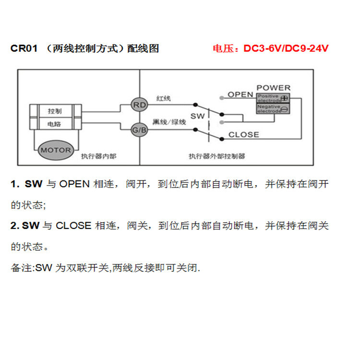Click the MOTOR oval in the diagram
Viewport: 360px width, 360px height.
[55, 150]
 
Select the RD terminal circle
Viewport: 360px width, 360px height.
[139, 105]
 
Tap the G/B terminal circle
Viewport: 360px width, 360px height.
[139, 130]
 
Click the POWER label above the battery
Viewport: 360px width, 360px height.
[273, 88]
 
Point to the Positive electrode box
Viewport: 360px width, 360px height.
[273, 98]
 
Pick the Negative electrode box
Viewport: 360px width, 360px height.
[273, 109]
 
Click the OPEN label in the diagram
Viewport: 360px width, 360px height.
[240, 95]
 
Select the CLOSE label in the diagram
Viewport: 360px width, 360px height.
[243, 134]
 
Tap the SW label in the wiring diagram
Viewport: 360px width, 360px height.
[197, 116]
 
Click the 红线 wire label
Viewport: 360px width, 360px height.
[163, 98]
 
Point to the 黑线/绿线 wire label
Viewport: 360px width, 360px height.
[169, 122]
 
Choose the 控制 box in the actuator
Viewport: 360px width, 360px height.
[55, 110]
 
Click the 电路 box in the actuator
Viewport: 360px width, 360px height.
[55, 124]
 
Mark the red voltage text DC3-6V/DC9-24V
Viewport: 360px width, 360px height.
[286, 48]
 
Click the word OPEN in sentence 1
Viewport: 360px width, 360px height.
[74, 184]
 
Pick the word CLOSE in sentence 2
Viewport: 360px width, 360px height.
[73, 226]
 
